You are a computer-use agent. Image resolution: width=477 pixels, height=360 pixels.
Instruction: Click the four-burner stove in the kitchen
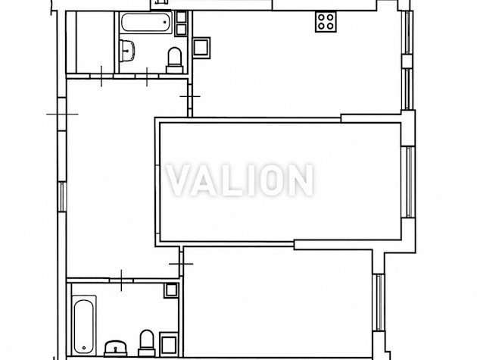point(326,21)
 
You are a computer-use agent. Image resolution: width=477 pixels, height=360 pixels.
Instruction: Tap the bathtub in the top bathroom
point(146,22)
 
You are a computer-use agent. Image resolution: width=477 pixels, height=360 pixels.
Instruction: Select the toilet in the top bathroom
point(175,61)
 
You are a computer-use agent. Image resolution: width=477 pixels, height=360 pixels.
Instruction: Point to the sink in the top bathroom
point(127,51)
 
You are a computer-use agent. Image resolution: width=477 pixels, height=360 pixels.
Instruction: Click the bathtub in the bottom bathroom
point(84,325)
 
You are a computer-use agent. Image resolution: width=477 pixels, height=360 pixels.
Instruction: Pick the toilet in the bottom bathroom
point(147,343)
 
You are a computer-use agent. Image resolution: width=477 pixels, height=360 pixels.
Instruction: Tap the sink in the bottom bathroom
point(116,349)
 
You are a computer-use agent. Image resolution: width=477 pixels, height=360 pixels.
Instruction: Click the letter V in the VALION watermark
point(181,180)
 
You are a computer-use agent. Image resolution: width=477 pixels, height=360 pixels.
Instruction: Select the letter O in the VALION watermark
point(273,180)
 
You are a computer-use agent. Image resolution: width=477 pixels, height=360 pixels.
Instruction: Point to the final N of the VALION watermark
point(301,180)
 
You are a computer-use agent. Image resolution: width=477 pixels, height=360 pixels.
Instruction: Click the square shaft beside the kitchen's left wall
point(201,48)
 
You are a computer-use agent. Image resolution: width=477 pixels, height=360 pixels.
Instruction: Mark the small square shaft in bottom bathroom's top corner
point(171,290)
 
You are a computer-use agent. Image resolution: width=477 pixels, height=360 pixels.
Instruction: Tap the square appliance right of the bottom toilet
point(168,344)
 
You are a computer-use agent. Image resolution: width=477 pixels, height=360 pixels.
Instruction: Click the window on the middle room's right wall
point(408,182)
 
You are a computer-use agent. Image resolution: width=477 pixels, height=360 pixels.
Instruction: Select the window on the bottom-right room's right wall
point(379,302)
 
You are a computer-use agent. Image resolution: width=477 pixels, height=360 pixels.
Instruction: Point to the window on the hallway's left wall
point(62,197)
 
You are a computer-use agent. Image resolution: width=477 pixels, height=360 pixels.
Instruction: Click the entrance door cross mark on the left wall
point(62,114)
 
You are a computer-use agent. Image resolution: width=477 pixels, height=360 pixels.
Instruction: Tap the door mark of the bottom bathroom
point(121,280)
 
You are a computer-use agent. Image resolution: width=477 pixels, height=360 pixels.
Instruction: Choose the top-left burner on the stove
point(321,17)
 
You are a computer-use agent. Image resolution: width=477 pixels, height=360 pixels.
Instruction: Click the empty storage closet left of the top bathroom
point(90,42)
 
